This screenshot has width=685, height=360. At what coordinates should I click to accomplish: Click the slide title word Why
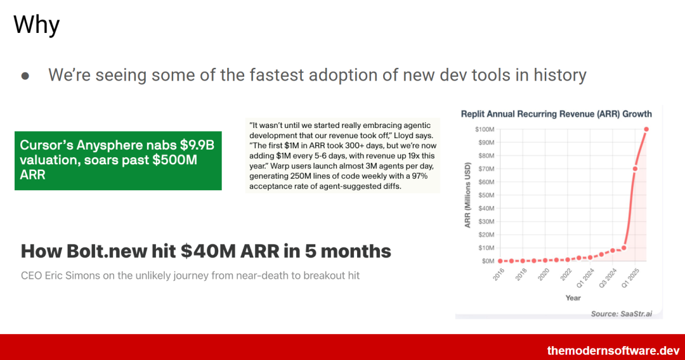[x=37, y=25]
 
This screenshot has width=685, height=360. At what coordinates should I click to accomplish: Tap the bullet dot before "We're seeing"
[x=25, y=76]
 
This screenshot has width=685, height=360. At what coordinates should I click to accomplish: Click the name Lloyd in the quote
[x=401, y=135]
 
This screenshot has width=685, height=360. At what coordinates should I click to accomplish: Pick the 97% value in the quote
[x=419, y=176]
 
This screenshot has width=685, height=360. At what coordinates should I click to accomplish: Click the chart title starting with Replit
[x=556, y=114]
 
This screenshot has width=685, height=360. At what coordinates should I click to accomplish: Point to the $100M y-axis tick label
[x=485, y=129]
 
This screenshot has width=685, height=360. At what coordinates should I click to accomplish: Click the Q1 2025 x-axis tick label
[x=630, y=278]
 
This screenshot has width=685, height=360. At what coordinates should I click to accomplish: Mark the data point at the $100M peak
[x=646, y=129]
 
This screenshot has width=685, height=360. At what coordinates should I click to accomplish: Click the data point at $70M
[x=635, y=169]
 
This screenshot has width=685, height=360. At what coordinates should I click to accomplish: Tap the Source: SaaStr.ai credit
[x=621, y=313]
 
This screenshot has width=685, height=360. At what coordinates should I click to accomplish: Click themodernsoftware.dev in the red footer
[x=613, y=350]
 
